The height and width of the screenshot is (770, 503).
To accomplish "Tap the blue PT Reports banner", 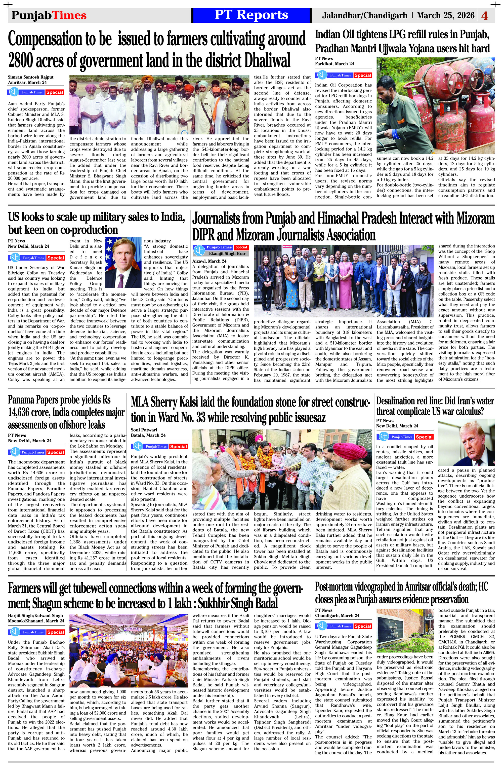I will click(251, 15).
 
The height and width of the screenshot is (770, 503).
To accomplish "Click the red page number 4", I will click(485, 16).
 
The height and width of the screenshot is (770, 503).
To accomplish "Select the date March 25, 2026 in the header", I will click(445, 15).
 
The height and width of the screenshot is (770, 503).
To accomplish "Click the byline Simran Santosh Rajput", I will click(31, 77).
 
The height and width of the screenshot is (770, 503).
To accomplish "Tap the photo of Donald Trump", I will click(466, 442).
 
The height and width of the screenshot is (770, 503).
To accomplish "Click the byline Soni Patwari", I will click(144, 430).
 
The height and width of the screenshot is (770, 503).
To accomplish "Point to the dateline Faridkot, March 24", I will click(334, 64).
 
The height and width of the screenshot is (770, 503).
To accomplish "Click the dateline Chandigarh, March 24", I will click(337, 615).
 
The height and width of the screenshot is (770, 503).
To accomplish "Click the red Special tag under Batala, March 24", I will click(178, 447).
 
